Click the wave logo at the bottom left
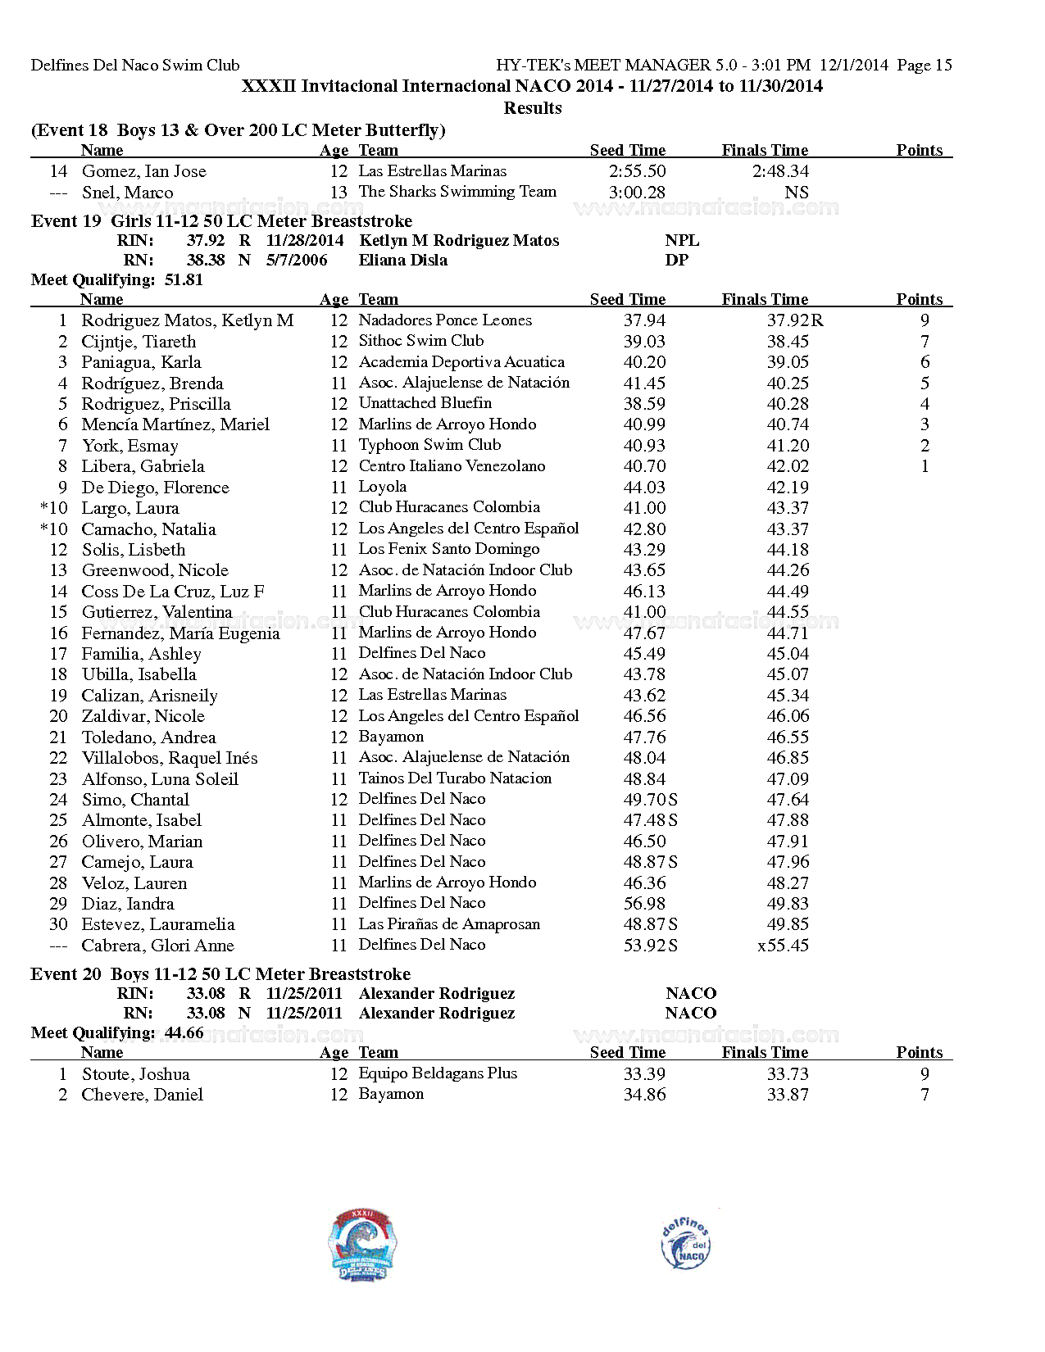pyautogui.click(x=362, y=1245)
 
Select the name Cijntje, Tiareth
pyautogui.click(x=139, y=342)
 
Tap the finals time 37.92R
pyautogui.click(x=794, y=320)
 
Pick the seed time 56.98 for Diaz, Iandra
pyautogui.click(x=644, y=904)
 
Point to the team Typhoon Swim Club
pyautogui.click(x=429, y=445)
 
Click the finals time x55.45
pyautogui.click(x=783, y=946)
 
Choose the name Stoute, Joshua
pyautogui.click(x=135, y=1074)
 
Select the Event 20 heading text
pyautogui.click(x=220, y=974)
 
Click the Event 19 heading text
pyautogui.click(x=221, y=221)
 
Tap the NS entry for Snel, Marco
pyautogui.click(x=796, y=193)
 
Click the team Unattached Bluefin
pyautogui.click(x=425, y=403)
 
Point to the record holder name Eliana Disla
pyautogui.click(x=402, y=261)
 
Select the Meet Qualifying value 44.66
pyautogui.click(x=184, y=1033)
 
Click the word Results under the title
pyautogui.click(x=532, y=108)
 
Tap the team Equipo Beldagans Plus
pyautogui.click(x=438, y=1073)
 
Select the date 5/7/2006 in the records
pyautogui.click(x=296, y=261)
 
